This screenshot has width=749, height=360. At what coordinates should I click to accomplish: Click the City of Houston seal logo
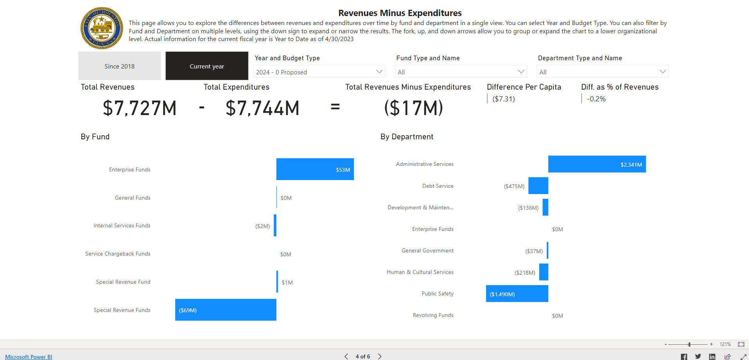click(x=102, y=28)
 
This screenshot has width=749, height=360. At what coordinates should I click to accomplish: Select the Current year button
click(x=207, y=66)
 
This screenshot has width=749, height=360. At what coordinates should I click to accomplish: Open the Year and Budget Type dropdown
click(x=319, y=72)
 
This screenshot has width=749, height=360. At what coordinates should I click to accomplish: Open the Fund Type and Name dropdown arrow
click(x=521, y=72)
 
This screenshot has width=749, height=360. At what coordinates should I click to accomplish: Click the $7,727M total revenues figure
click(x=140, y=108)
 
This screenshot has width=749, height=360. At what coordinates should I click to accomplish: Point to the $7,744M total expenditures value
click(x=262, y=108)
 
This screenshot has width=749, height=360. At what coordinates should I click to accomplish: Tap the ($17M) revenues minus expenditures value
click(x=413, y=108)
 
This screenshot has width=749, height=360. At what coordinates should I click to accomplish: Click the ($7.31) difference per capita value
click(x=504, y=99)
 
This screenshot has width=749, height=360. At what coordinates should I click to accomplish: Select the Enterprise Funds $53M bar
click(x=315, y=169)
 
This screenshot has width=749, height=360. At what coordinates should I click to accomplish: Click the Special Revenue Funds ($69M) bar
click(x=225, y=310)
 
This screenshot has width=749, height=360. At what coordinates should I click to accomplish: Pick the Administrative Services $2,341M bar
click(x=597, y=164)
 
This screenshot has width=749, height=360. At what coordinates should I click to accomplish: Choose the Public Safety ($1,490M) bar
click(x=517, y=293)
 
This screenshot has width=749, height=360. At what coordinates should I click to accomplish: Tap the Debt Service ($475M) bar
click(x=538, y=185)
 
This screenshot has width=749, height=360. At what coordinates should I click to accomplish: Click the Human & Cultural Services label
click(x=420, y=272)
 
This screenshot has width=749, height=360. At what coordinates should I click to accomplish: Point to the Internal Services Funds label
click(x=122, y=225)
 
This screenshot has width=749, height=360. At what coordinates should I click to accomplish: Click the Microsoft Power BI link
click(x=29, y=356)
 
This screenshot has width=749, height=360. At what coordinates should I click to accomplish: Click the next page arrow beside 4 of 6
click(x=380, y=356)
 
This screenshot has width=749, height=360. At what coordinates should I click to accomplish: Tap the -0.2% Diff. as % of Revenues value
click(x=596, y=99)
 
